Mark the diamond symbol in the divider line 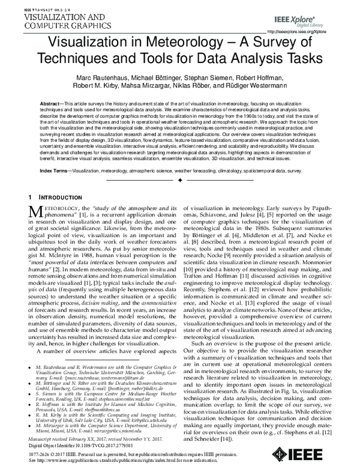coord(180,180)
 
